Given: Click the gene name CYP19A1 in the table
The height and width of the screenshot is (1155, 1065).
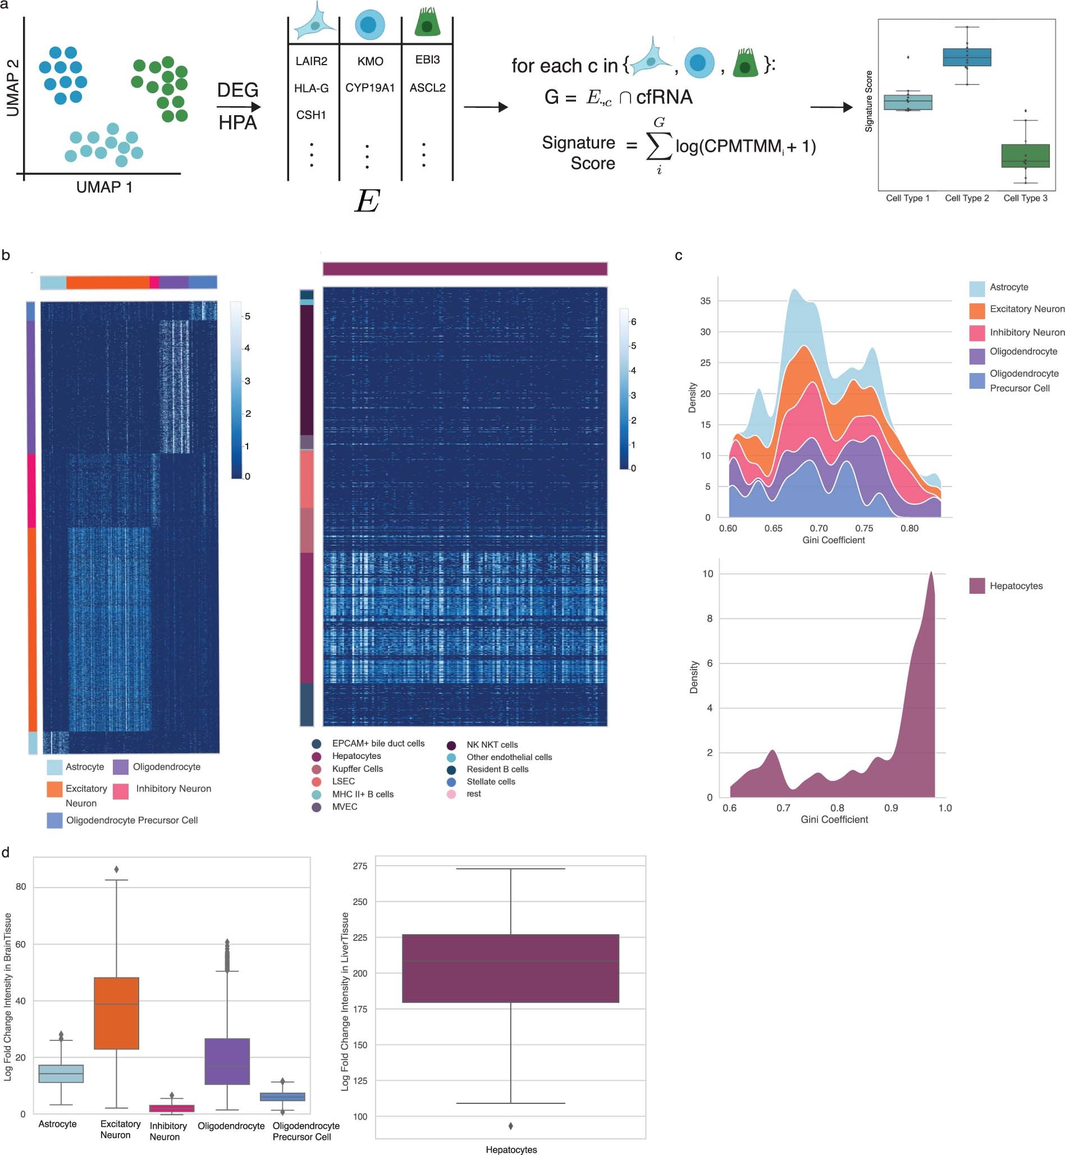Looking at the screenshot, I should (369, 88).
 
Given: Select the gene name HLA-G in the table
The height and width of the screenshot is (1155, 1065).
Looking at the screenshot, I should (311, 88).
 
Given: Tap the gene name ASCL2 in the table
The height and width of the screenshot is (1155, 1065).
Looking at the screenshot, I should (427, 88).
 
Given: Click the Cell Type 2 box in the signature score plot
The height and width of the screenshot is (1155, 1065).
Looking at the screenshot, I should (966, 57).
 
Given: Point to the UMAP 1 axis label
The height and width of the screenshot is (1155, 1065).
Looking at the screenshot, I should (104, 188).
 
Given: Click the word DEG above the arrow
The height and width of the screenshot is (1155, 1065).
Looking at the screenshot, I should (237, 90).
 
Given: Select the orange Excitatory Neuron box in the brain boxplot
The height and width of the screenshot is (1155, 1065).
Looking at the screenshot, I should (116, 1012).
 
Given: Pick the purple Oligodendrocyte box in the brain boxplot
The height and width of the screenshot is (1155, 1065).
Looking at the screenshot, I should (227, 1061).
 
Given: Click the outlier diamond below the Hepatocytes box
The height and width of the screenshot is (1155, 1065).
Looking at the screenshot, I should (510, 1125).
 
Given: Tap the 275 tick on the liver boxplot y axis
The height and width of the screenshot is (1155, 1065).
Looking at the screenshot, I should (360, 866).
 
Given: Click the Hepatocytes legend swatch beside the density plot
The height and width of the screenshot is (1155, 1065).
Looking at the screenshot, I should (977, 586).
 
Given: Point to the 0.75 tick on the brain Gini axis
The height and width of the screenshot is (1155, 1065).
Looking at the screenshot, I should (864, 528).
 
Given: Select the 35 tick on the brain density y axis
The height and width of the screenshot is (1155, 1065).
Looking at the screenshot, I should (705, 301).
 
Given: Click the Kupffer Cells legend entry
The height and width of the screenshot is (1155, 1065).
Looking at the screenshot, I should (357, 769).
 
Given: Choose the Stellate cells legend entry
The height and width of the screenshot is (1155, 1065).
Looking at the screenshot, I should (491, 781).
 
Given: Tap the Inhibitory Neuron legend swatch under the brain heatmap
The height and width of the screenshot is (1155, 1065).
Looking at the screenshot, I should (121, 790).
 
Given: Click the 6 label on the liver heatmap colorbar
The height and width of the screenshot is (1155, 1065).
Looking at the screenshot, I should (633, 322).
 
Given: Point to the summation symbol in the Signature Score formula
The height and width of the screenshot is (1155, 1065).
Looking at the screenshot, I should (659, 146).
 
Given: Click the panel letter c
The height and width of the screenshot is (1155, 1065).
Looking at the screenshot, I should (678, 256).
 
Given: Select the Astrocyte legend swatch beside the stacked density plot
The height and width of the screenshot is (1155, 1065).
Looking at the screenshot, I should (977, 288).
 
